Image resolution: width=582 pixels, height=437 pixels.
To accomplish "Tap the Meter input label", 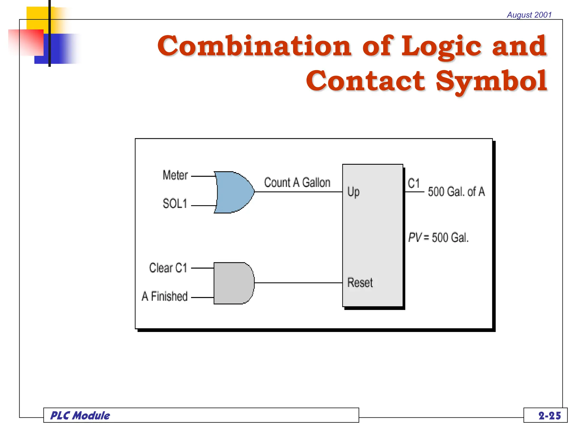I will [x=175, y=175].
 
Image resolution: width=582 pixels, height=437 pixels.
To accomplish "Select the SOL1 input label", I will [x=175, y=204].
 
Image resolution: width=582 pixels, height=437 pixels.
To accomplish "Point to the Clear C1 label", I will [x=168, y=268].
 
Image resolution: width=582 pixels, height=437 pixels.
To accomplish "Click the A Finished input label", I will [x=165, y=296].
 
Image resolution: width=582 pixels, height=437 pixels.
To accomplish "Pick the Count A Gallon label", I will [x=297, y=183].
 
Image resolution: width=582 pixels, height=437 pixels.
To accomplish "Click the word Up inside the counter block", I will [x=354, y=192].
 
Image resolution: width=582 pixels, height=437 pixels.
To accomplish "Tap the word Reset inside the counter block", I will [x=360, y=283].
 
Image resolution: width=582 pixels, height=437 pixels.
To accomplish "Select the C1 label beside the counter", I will [x=414, y=183].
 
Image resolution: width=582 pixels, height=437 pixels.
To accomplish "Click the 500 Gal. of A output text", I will [x=456, y=192].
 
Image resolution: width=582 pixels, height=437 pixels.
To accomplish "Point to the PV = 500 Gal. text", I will [x=438, y=238].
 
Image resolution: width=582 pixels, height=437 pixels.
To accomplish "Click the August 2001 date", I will [x=529, y=15].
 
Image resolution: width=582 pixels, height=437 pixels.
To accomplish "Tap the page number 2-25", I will [x=550, y=416].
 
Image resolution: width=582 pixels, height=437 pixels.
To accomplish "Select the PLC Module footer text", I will [x=80, y=416].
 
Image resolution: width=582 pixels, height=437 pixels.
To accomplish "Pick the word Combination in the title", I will [x=255, y=46].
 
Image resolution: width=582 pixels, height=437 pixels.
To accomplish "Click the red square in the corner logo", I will [x=26, y=42].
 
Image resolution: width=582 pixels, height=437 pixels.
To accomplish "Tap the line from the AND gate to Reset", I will [x=298, y=283].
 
